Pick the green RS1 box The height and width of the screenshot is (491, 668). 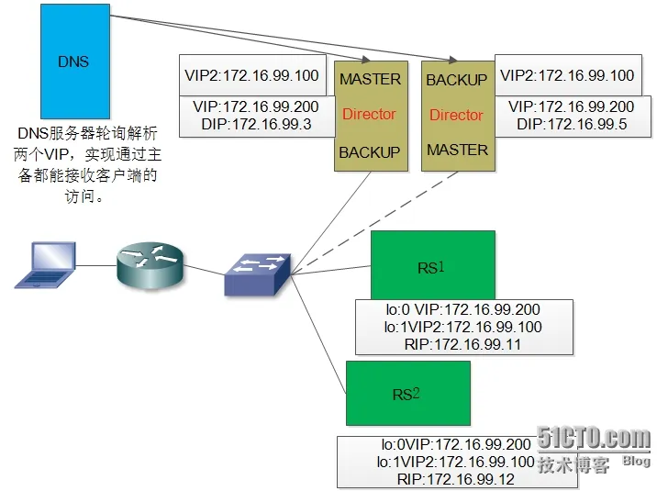[x=432, y=266]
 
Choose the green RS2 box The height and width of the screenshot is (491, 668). [x=407, y=393]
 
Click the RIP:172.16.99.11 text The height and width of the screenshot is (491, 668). [x=463, y=343]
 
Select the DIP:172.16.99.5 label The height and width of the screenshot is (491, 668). [x=572, y=124]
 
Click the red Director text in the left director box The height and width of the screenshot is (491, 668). [x=369, y=115]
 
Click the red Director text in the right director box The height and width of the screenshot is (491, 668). [x=456, y=116]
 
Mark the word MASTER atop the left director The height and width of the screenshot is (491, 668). [x=370, y=79]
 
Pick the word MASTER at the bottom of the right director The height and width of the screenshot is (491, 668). [x=457, y=150]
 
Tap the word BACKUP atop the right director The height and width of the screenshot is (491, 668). [x=456, y=80]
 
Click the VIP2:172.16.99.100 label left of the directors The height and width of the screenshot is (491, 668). [x=251, y=75]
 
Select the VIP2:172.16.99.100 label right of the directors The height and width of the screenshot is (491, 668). [x=565, y=75]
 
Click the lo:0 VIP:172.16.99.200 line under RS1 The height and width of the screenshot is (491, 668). [x=463, y=310]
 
